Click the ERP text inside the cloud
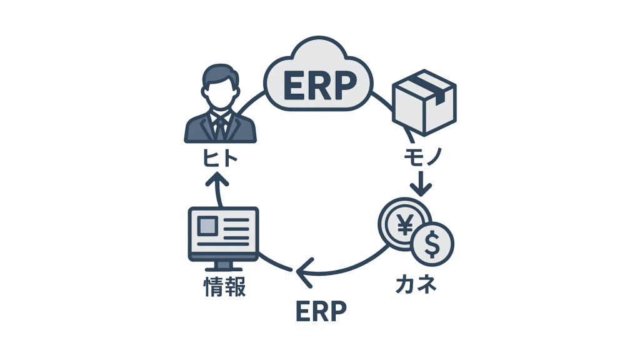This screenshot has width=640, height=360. click(319, 86)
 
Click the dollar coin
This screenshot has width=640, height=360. click(432, 244)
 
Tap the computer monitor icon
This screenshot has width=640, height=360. click(223, 234)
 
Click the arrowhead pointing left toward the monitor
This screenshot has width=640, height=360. click(302, 270)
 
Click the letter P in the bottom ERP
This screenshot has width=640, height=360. click(336, 310)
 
